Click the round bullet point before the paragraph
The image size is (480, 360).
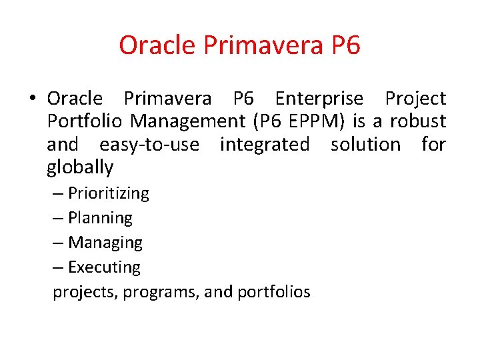tap(32, 99)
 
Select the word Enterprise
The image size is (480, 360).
tap(319, 99)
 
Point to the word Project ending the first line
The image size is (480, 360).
tap(415, 99)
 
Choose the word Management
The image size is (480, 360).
tap(189, 121)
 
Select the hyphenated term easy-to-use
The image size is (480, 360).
tap(149, 144)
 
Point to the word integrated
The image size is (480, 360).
tap(265, 144)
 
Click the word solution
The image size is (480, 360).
tap(366, 144)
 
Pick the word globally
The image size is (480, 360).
tap(80, 167)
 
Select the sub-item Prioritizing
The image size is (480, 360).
tap(109, 193)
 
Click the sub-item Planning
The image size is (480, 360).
tap(100, 218)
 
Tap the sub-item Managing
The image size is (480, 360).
tap(105, 243)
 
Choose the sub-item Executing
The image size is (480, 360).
tap(104, 267)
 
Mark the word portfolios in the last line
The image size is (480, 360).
tap(273, 292)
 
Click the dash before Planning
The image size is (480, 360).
tap(59, 218)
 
